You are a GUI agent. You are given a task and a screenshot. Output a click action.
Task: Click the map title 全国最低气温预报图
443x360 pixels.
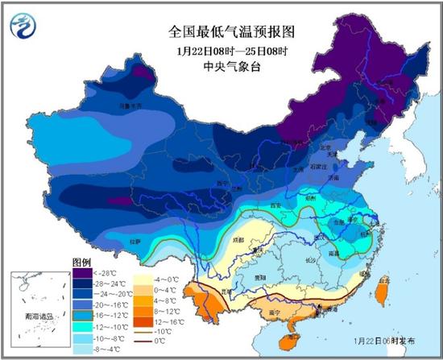pyautogui.click(x=221, y=32)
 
